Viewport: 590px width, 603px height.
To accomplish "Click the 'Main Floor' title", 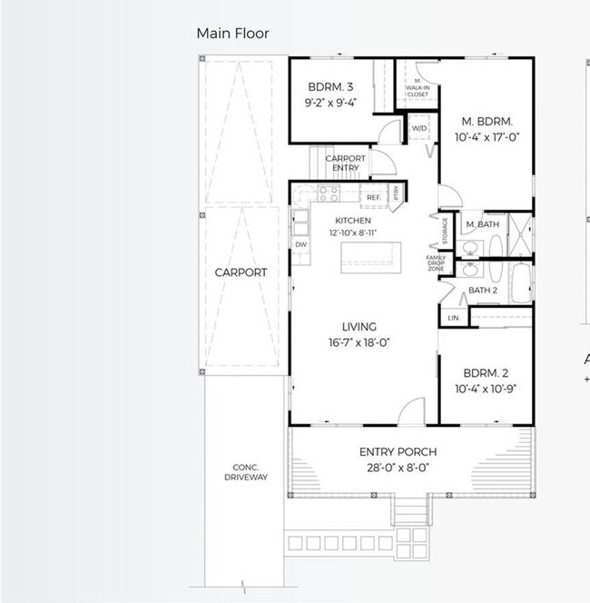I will (232, 34).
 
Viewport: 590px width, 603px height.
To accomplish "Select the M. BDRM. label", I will (487, 121).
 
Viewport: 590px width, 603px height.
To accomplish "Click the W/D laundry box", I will (419, 129).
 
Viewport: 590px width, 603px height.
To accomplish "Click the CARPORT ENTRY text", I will (346, 163).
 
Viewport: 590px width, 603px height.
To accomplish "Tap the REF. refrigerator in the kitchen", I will (373, 197).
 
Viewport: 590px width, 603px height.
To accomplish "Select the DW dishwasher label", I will (300, 245).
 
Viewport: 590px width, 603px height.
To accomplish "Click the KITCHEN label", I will (353, 221).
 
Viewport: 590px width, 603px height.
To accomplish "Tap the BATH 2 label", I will (482, 291).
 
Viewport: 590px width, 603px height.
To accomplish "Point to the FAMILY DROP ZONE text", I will (437, 264).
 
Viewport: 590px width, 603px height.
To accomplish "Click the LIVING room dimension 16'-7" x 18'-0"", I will (359, 342).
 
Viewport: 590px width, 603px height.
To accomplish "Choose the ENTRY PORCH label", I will (398, 452).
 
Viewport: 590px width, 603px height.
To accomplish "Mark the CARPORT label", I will (241, 272).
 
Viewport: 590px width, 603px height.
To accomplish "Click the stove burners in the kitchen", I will (328, 193).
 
